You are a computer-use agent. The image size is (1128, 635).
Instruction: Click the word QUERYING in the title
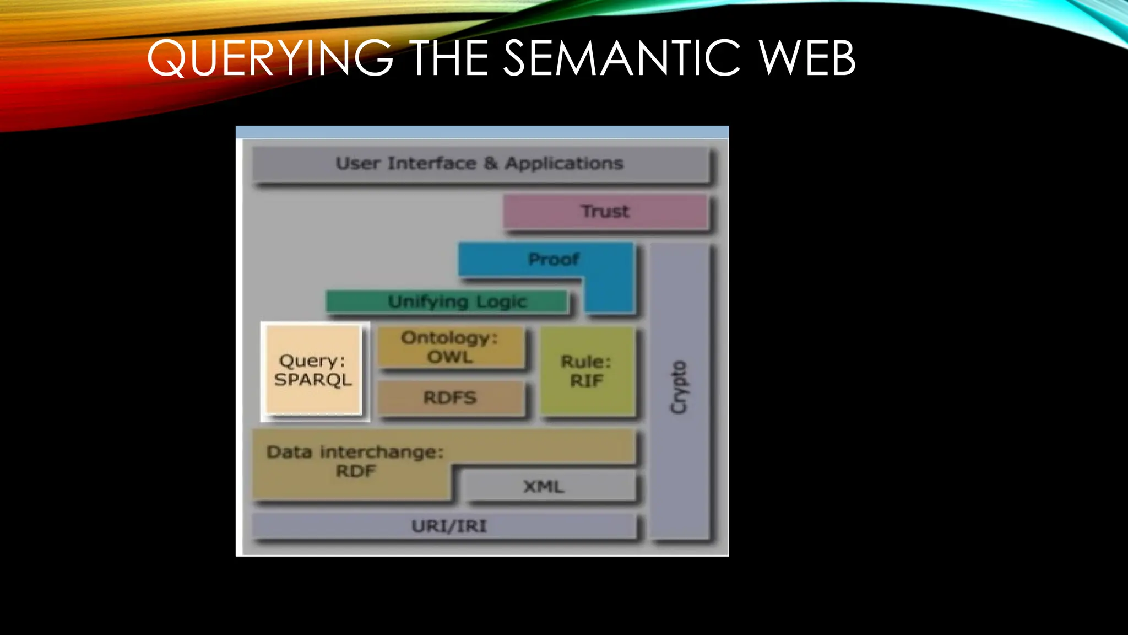point(270,58)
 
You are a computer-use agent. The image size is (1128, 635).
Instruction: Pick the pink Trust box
point(605,211)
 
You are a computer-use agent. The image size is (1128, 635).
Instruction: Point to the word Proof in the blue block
point(553,259)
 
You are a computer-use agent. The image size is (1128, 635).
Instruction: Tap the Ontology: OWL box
point(450,347)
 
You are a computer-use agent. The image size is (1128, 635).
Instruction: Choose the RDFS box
point(450,397)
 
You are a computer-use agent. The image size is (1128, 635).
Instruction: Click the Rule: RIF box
point(587,371)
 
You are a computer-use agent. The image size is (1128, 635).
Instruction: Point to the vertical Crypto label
point(679,387)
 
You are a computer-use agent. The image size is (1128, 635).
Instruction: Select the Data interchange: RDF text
point(355,461)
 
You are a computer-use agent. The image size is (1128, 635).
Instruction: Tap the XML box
point(544,486)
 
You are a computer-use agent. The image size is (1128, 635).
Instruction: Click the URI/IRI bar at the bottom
point(449,526)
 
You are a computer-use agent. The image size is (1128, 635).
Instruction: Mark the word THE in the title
point(449,58)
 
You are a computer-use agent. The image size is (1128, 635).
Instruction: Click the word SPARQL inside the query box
point(313,380)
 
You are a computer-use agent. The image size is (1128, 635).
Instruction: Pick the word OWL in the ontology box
point(450,357)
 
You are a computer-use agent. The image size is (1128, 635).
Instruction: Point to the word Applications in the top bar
point(564,163)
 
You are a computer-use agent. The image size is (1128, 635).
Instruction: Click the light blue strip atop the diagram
point(482,132)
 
